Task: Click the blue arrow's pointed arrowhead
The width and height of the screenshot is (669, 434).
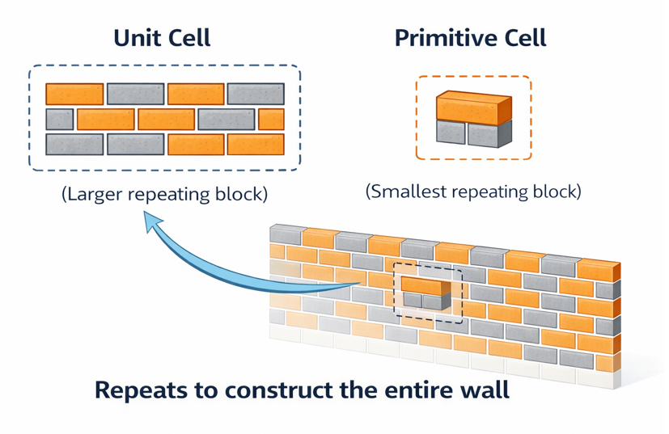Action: tap(150, 220)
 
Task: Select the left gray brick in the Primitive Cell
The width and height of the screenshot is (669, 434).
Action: tap(451, 133)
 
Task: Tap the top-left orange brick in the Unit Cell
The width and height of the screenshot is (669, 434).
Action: tap(74, 95)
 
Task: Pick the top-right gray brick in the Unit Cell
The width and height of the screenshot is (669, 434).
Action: tap(255, 95)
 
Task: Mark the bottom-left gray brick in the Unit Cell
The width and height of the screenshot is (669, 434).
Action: tap(74, 145)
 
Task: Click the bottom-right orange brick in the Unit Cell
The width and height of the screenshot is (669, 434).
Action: tap(255, 145)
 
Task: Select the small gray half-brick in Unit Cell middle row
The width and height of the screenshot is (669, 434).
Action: tap(59, 120)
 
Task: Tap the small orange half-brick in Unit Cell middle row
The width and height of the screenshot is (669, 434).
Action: tap(271, 120)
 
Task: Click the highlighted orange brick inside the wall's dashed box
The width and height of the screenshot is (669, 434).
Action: tap(426, 284)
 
